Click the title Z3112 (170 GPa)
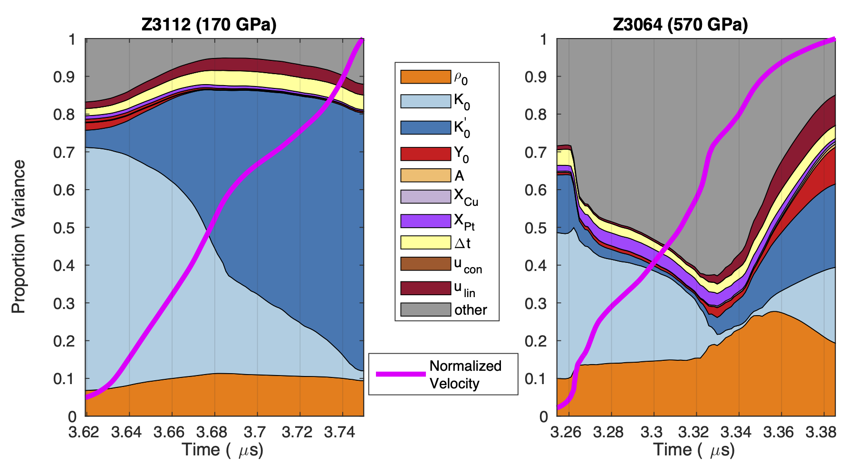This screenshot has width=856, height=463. tap(209, 24)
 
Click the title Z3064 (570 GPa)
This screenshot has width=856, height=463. tap(680, 24)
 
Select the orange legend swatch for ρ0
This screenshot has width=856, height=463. tap(425, 77)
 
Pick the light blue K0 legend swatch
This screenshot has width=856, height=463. tap(425, 101)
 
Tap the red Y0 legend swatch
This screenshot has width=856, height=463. tap(425, 154)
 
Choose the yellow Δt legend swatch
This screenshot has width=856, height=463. tap(425, 242)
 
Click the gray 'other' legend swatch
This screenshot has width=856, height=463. tap(425, 309)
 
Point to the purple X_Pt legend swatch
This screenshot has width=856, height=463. tap(425, 221)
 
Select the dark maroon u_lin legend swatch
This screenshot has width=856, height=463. tap(425, 288)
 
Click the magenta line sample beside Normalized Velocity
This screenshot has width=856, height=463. tap(401, 374)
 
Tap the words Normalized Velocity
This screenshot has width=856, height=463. tap(465, 375)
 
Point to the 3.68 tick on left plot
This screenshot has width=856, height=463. tap(214, 432)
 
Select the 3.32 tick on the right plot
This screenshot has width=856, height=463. tap(695, 432)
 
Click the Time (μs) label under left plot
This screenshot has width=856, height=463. tap(222, 450)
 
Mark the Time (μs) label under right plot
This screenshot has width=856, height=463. tap(694, 450)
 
